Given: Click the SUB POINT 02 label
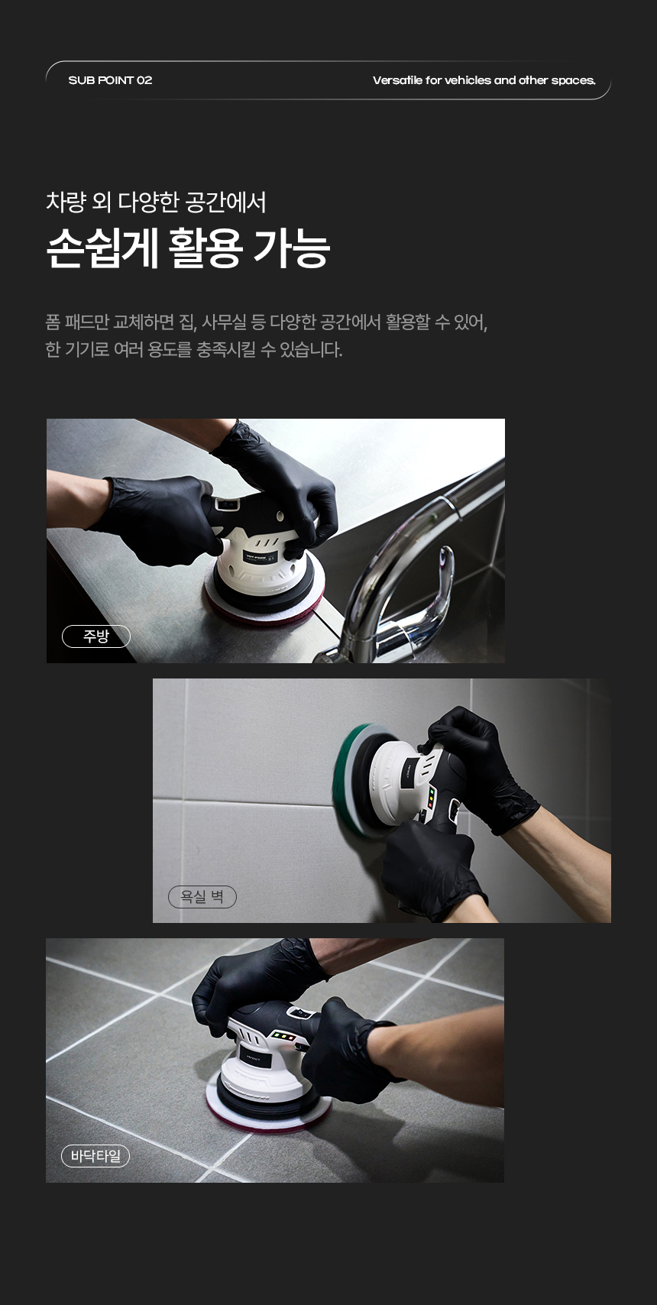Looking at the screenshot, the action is coord(110,80).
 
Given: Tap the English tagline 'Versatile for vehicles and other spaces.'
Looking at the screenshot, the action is coord(484,80).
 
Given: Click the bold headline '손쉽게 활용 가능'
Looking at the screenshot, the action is coord(188,249).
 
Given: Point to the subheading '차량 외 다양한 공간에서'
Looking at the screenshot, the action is coord(156,202).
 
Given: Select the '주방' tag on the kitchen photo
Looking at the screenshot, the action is coord(96,636).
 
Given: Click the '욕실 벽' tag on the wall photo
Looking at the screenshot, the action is coord(202,896).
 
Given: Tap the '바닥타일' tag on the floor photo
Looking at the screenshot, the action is coord(95,1156).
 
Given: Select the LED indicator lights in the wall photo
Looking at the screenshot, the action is coord(432,798).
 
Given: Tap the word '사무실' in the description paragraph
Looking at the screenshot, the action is coord(225,322).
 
